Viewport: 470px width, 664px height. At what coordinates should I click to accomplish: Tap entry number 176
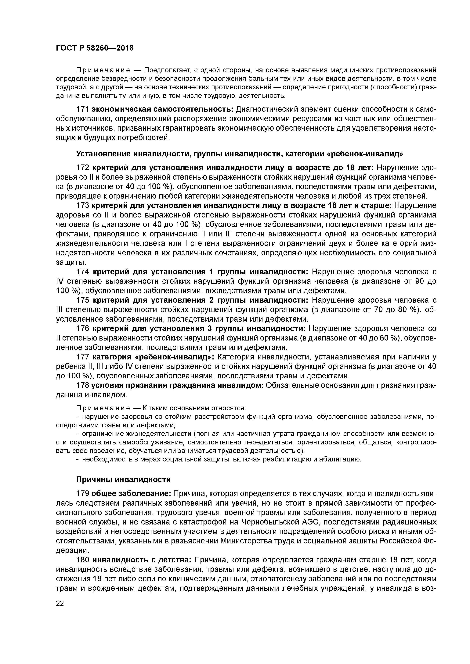point(82,329)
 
